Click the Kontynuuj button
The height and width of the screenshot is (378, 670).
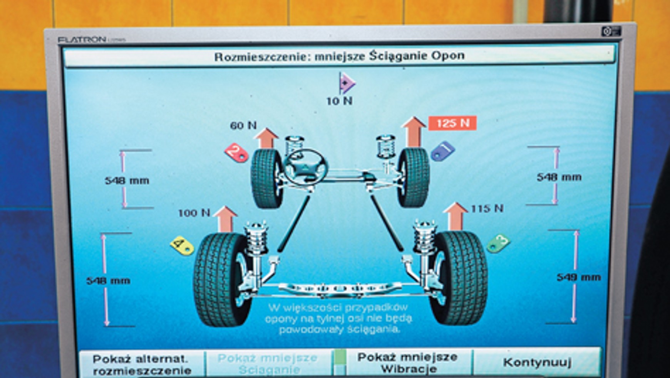537,363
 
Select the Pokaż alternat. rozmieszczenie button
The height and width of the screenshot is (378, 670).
142,364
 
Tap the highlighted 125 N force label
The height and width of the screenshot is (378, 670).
452,123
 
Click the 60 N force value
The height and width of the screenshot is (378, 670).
243,126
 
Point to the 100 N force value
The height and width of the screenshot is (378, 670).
194,213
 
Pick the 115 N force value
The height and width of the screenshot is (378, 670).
487,209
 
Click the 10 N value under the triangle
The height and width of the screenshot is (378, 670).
339,101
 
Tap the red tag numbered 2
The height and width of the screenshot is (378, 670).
236,153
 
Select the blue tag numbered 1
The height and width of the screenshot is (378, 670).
443,151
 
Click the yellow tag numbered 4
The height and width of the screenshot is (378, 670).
182,245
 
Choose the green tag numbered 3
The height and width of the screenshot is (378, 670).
498,243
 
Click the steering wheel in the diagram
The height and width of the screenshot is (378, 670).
306,167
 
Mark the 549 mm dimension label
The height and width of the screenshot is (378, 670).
578,277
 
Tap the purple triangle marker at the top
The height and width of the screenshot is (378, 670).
347,83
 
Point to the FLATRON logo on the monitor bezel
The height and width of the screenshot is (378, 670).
82,40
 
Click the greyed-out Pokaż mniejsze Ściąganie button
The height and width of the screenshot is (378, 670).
267,363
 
